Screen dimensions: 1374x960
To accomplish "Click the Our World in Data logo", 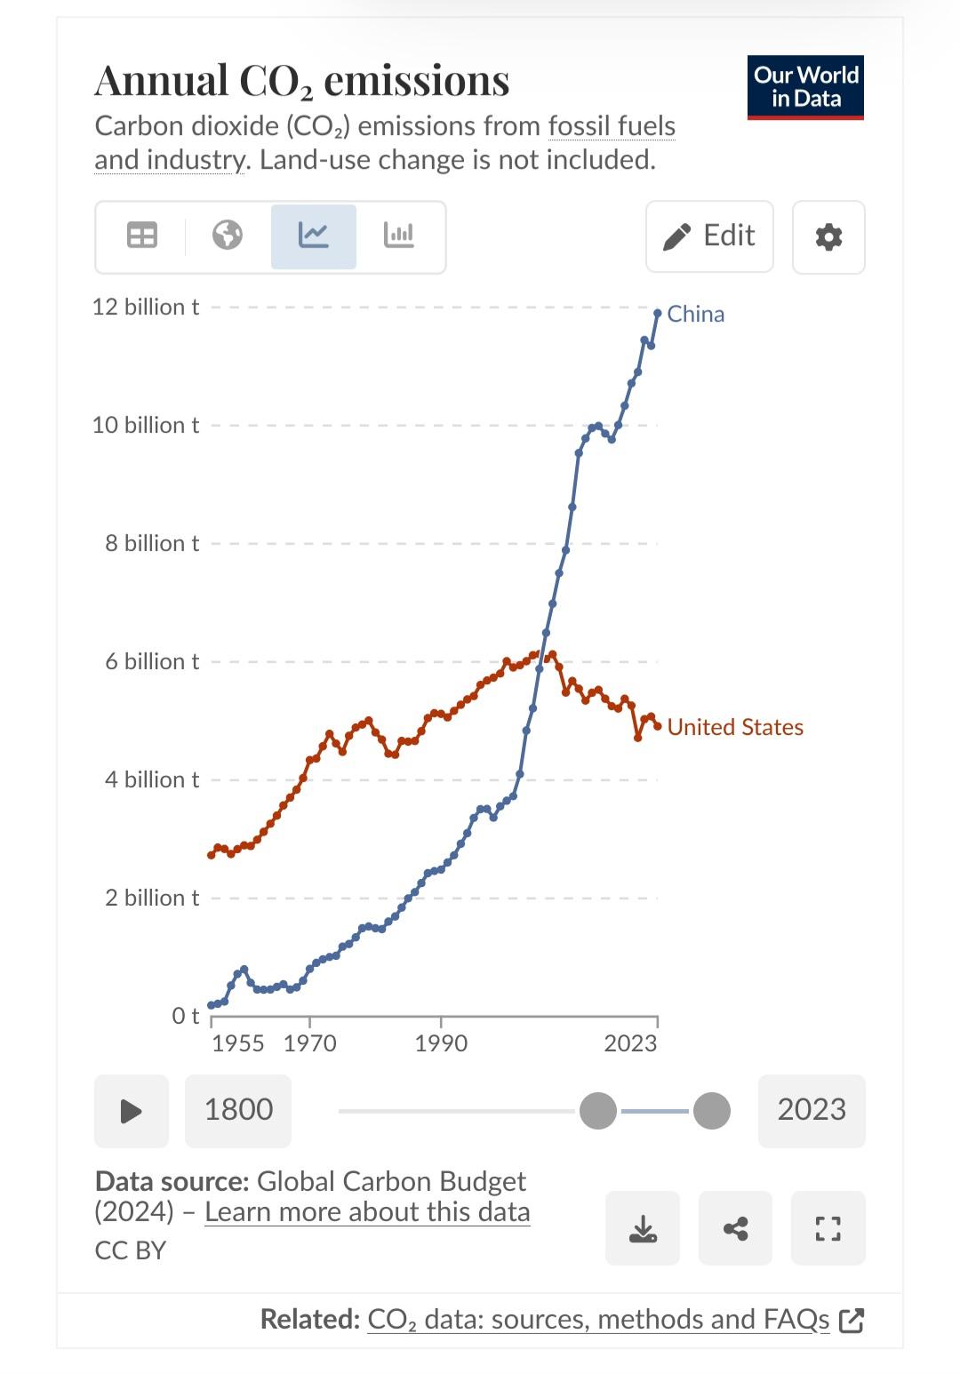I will (805, 87).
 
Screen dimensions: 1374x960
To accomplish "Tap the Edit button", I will (709, 236).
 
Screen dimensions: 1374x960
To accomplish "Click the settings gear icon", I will (828, 237).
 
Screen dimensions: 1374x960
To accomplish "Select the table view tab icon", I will (142, 236).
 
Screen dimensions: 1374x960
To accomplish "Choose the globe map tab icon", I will (228, 236).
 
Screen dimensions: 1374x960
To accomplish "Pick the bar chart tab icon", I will (398, 236).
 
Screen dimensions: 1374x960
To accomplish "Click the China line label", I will (695, 314).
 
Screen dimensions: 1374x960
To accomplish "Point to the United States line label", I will (734, 727).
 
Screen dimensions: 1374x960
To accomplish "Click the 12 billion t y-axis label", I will (146, 308).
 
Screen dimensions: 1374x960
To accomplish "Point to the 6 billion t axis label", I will (152, 661).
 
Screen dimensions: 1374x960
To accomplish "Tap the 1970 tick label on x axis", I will (309, 1042).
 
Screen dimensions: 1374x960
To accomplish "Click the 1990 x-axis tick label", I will (441, 1042).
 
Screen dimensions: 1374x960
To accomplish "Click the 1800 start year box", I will (238, 1110).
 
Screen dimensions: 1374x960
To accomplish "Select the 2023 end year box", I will (812, 1110).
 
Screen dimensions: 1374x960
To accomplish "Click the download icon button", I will (643, 1228).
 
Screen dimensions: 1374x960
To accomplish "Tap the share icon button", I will (735, 1228).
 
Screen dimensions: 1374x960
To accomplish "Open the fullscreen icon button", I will (828, 1228).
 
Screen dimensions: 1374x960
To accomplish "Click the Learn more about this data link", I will (367, 1212).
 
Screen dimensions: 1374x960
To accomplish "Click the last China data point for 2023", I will (658, 313).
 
